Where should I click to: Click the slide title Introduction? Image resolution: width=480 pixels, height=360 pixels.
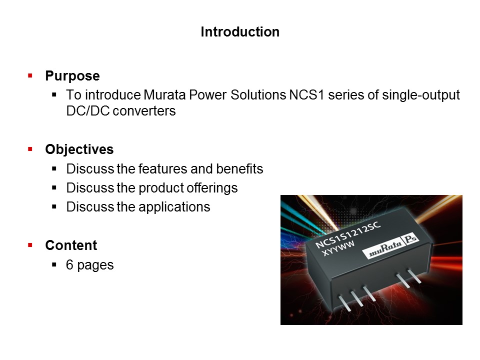240,32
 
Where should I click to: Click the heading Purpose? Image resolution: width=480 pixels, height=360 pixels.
72,76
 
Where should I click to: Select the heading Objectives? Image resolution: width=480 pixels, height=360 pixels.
79,149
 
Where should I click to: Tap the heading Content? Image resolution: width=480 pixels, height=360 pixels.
71,245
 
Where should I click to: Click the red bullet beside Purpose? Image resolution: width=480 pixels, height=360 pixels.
30,76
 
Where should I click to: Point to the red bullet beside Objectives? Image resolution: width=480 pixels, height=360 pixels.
30,149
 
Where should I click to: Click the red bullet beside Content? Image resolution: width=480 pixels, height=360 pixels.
30,245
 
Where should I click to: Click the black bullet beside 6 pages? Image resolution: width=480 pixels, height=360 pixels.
54,264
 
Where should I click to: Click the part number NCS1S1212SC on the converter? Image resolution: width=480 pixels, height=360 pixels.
348,234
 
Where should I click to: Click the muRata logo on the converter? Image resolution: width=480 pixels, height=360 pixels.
385,250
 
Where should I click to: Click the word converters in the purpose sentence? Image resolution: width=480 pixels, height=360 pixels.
144,111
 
